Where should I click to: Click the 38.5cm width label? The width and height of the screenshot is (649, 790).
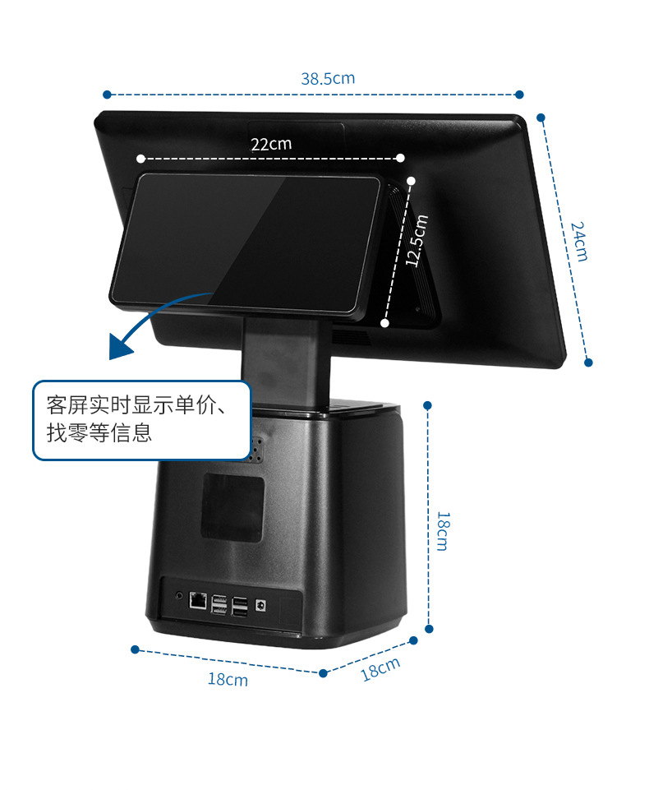pyautogui.click(x=328, y=79)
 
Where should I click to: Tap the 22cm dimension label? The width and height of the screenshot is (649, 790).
pyautogui.click(x=271, y=144)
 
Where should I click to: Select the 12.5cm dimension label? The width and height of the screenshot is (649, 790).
pyautogui.click(x=417, y=240)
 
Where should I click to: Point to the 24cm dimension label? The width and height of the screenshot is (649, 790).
pyautogui.click(x=579, y=242)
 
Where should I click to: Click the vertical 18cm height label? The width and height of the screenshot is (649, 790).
pyautogui.click(x=443, y=531)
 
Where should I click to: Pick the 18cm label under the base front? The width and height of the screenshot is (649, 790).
pyautogui.click(x=228, y=679)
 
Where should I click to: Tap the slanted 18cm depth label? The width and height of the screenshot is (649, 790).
pyautogui.click(x=380, y=669)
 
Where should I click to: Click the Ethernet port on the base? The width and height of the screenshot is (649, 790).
pyautogui.click(x=198, y=601)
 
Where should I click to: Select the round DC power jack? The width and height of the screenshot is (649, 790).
pyautogui.click(x=260, y=604)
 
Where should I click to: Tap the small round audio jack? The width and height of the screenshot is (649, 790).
pyautogui.click(x=179, y=595)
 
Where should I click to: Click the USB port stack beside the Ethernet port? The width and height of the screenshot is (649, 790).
pyautogui.click(x=219, y=604)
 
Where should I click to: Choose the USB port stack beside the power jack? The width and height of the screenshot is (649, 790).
pyautogui.click(x=240, y=607)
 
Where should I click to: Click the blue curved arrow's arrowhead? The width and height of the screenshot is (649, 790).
pyautogui.click(x=119, y=348)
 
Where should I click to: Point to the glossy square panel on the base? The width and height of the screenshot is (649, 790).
pyautogui.click(x=232, y=507)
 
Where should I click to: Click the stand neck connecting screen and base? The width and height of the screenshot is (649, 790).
pyautogui.click(x=286, y=360)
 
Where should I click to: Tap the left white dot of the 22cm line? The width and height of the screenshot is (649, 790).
pyautogui.click(x=141, y=159)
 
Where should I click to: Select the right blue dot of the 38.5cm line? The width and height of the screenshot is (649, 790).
pyautogui.click(x=519, y=95)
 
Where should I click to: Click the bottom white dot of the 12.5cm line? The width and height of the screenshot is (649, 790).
pyautogui.click(x=384, y=323)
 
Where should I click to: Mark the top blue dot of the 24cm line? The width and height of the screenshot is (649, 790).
pyautogui.click(x=541, y=118)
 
